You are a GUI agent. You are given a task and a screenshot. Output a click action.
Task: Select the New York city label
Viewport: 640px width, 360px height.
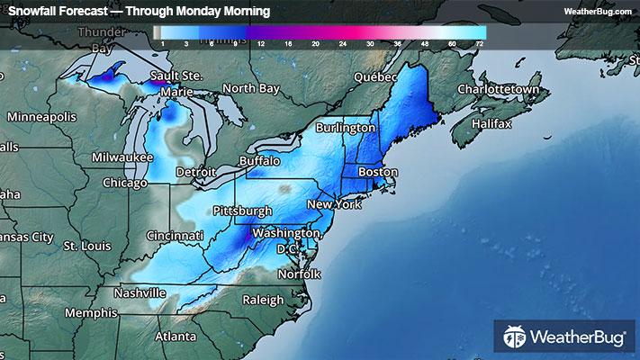[334, 205]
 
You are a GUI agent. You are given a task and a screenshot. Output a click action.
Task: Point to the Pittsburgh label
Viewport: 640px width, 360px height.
[242, 211]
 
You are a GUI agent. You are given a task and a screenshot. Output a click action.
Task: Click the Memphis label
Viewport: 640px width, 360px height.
[89, 313]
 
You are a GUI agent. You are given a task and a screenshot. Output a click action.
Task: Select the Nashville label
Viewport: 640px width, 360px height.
[139, 292]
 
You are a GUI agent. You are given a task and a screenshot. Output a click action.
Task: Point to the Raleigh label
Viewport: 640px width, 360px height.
[263, 300]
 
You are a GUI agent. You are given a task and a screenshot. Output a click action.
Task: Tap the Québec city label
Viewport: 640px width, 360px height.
[375, 77]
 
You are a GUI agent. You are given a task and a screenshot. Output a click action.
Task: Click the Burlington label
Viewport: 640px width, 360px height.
[346, 129]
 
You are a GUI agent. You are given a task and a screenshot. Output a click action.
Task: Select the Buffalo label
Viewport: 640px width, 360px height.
[259, 160]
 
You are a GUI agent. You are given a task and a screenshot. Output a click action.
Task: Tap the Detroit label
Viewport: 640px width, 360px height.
[196, 172]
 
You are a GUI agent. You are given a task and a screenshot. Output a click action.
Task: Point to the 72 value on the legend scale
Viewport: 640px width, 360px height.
[480, 43]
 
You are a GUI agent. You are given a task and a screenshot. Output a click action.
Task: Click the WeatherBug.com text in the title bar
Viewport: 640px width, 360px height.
[597, 11]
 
